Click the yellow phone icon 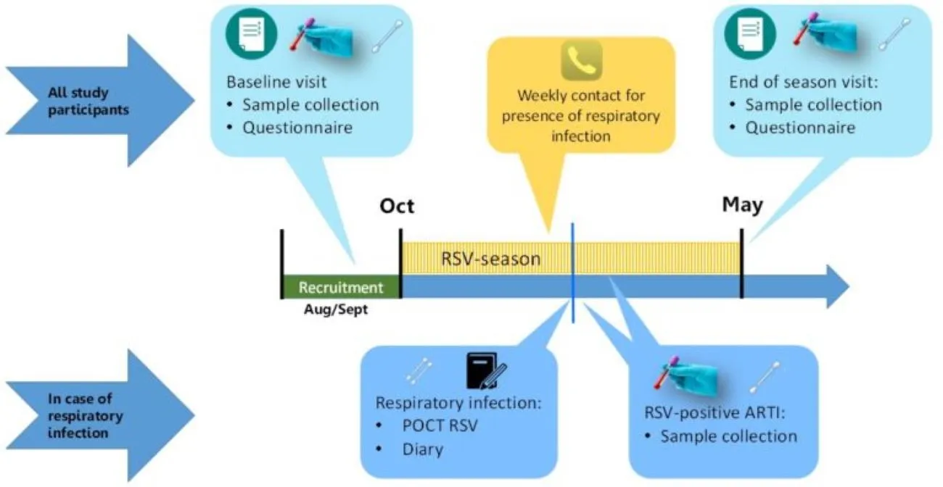581,60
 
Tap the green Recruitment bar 341,288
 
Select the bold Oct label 397,207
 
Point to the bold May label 742,206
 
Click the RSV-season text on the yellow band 491,259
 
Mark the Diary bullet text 422,449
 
